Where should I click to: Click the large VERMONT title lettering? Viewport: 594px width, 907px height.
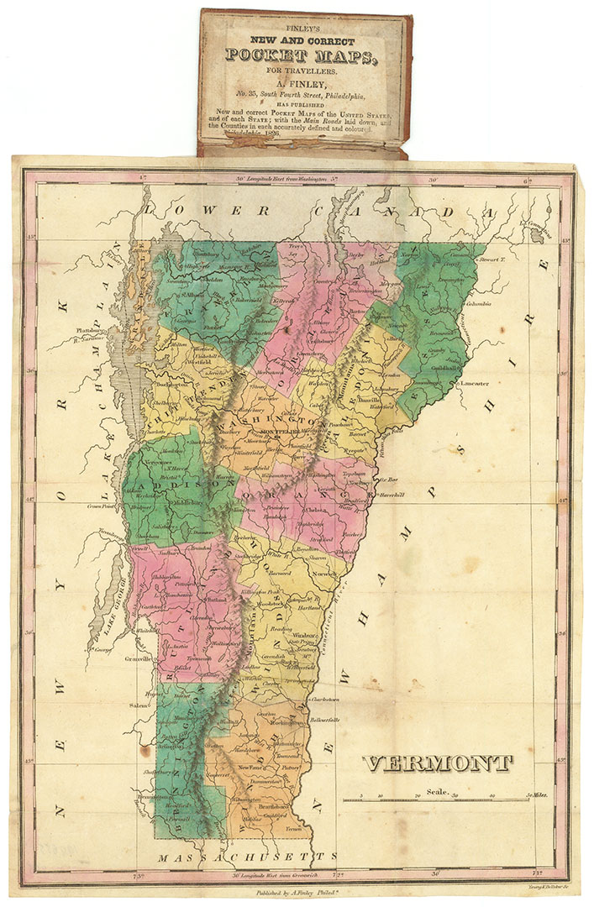[x=438, y=763]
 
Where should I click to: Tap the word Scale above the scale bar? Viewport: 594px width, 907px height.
[x=437, y=790]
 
